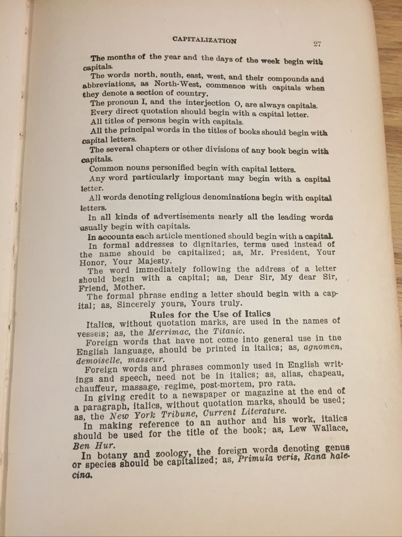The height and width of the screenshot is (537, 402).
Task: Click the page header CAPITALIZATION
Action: pyautogui.click(x=204, y=40)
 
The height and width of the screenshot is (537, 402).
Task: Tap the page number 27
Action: pyautogui.click(x=317, y=45)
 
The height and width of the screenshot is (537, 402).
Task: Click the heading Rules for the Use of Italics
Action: pyautogui.click(x=210, y=314)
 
